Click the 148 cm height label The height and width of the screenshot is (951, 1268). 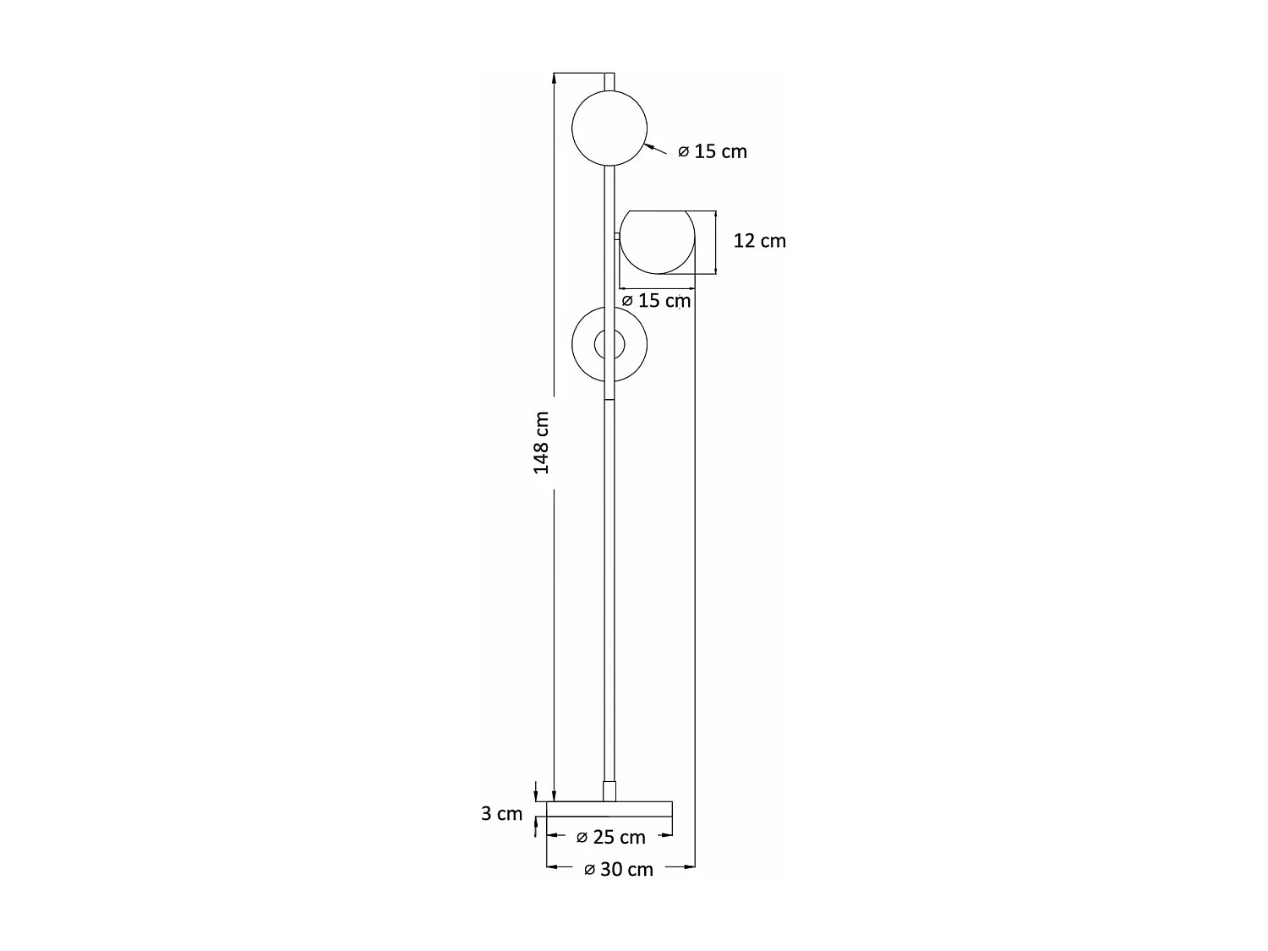(x=541, y=443)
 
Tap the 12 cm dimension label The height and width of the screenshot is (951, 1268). (x=759, y=241)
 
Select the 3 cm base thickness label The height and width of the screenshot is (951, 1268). (x=501, y=813)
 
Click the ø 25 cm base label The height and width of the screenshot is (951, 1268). (x=610, y=837)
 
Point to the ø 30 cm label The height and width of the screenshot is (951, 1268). (x=618, y=870)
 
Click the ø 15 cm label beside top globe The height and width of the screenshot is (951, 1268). (x=713, y=151)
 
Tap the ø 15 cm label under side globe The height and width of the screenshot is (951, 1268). (x=656, y=300)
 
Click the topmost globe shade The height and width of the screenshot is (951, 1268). (x=609, y=128)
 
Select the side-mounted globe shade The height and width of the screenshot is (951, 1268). (x=658, y=242)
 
